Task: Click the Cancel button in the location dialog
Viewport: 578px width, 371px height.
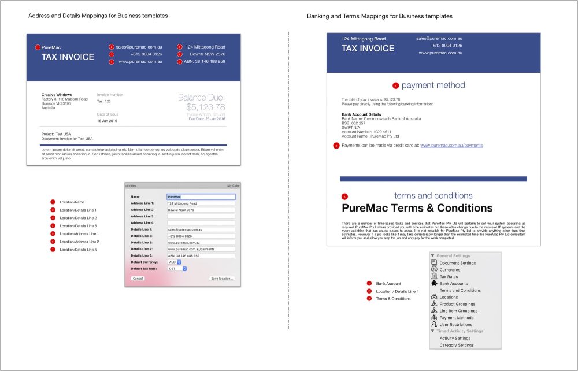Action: coord(138,279)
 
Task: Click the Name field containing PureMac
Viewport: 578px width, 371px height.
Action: coord(201,196)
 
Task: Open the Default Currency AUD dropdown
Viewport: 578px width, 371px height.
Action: coord(175,262)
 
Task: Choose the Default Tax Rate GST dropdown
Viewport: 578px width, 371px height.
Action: coord(177,269)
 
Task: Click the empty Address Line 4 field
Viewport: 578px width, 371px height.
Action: coord(201,222)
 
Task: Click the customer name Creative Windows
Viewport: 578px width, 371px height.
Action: coord(57,95)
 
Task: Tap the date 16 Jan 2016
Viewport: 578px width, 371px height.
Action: coord(107,121)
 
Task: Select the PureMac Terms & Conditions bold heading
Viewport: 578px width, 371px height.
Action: coord(417,208)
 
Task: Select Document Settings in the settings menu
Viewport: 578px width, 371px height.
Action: coord(457,263)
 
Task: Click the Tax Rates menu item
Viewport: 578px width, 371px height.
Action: coord(449,277)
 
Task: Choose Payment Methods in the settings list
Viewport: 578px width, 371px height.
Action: coord(457,318)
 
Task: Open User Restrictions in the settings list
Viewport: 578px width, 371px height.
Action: coord(455,325)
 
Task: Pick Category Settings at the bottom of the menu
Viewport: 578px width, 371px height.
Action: coord(456,345)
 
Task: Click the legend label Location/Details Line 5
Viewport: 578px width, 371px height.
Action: coord(78,250)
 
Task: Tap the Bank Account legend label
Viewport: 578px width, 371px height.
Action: coord(388,284)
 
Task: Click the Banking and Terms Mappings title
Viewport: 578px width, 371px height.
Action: coord(379,17)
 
